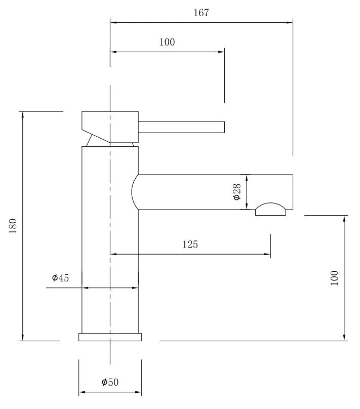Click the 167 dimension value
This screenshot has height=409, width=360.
[x=201, y=13]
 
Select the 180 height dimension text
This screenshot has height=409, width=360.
[x=13, y=226]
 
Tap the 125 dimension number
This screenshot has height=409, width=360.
[x=190, y=244]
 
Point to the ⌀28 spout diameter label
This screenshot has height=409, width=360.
[x=236, y=192]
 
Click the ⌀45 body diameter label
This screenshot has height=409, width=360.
[x=61, y=278]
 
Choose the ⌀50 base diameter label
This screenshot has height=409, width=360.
[x=110, y=382]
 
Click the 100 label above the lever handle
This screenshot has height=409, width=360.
[x=167, y=42]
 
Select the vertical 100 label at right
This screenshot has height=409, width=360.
[x=335, y=278]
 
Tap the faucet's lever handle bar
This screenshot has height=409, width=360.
[x=181, y=127]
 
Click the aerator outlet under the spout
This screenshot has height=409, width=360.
[x=270, y=209]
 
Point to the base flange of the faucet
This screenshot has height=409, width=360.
[x=110, y=337]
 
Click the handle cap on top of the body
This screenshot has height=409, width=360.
[x=110, y=127]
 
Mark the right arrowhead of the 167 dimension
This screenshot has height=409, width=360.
[x=290, y=22]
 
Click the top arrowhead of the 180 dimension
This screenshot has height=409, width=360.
[x=23, y=115]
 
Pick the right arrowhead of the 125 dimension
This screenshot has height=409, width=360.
[x=267, y=254]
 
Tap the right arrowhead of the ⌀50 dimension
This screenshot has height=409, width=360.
[x=138, y=392]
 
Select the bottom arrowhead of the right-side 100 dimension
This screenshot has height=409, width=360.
[x=344, y=338]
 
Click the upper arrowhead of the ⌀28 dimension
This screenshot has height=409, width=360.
[x=247, y=178]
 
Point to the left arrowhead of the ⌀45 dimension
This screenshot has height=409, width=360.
[x=85, y=288]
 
